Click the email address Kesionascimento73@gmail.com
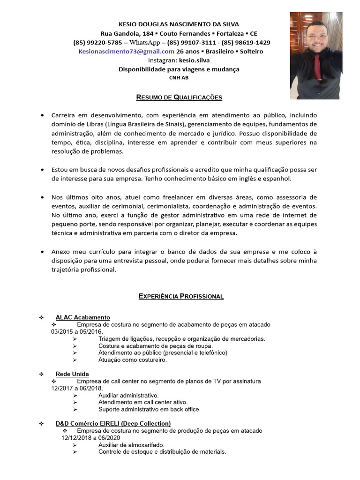click(x=127, y=51)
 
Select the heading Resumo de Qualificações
click(x=179, y=97)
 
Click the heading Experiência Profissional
click(x=181, y=296)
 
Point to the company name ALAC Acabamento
click(x=82, y=317)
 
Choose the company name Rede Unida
click(x=72, y=374)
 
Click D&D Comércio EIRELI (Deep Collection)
click(x=113, y=423)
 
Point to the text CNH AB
click(x=179, y=78)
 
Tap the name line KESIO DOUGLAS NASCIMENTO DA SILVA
click(x=179, y=24)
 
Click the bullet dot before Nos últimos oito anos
click(x=42, y=197)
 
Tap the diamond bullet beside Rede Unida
click(x=42, y=374)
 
